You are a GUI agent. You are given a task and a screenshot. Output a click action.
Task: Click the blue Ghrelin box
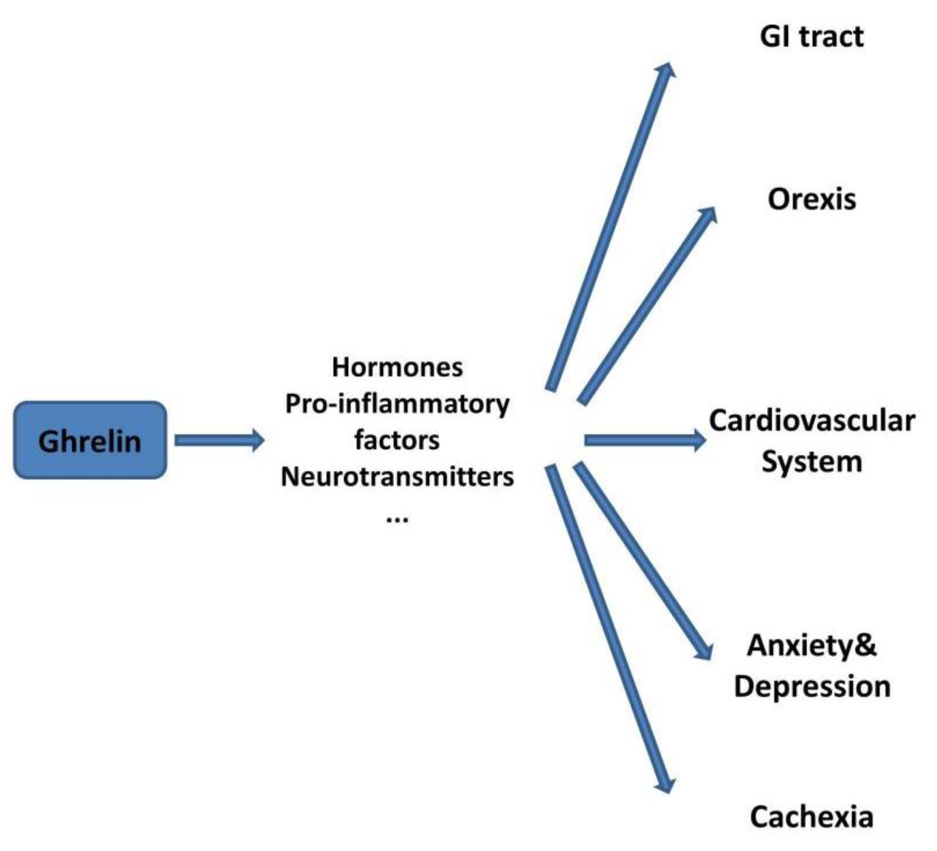coord(90,440)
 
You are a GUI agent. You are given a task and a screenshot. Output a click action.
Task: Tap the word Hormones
coord(397,367)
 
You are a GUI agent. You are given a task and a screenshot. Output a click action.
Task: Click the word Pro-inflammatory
coord(397,404)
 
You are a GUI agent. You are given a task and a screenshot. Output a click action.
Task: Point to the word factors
coord(397,440)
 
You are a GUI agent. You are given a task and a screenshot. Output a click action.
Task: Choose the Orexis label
coord(811,199)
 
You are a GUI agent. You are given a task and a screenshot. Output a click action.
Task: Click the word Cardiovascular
coord(811,421)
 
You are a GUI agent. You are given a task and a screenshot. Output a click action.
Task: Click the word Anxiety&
coord(811,645)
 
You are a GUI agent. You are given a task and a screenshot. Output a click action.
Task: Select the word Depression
coord(811,686)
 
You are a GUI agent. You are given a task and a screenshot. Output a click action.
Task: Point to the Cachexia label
coord(811,817)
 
